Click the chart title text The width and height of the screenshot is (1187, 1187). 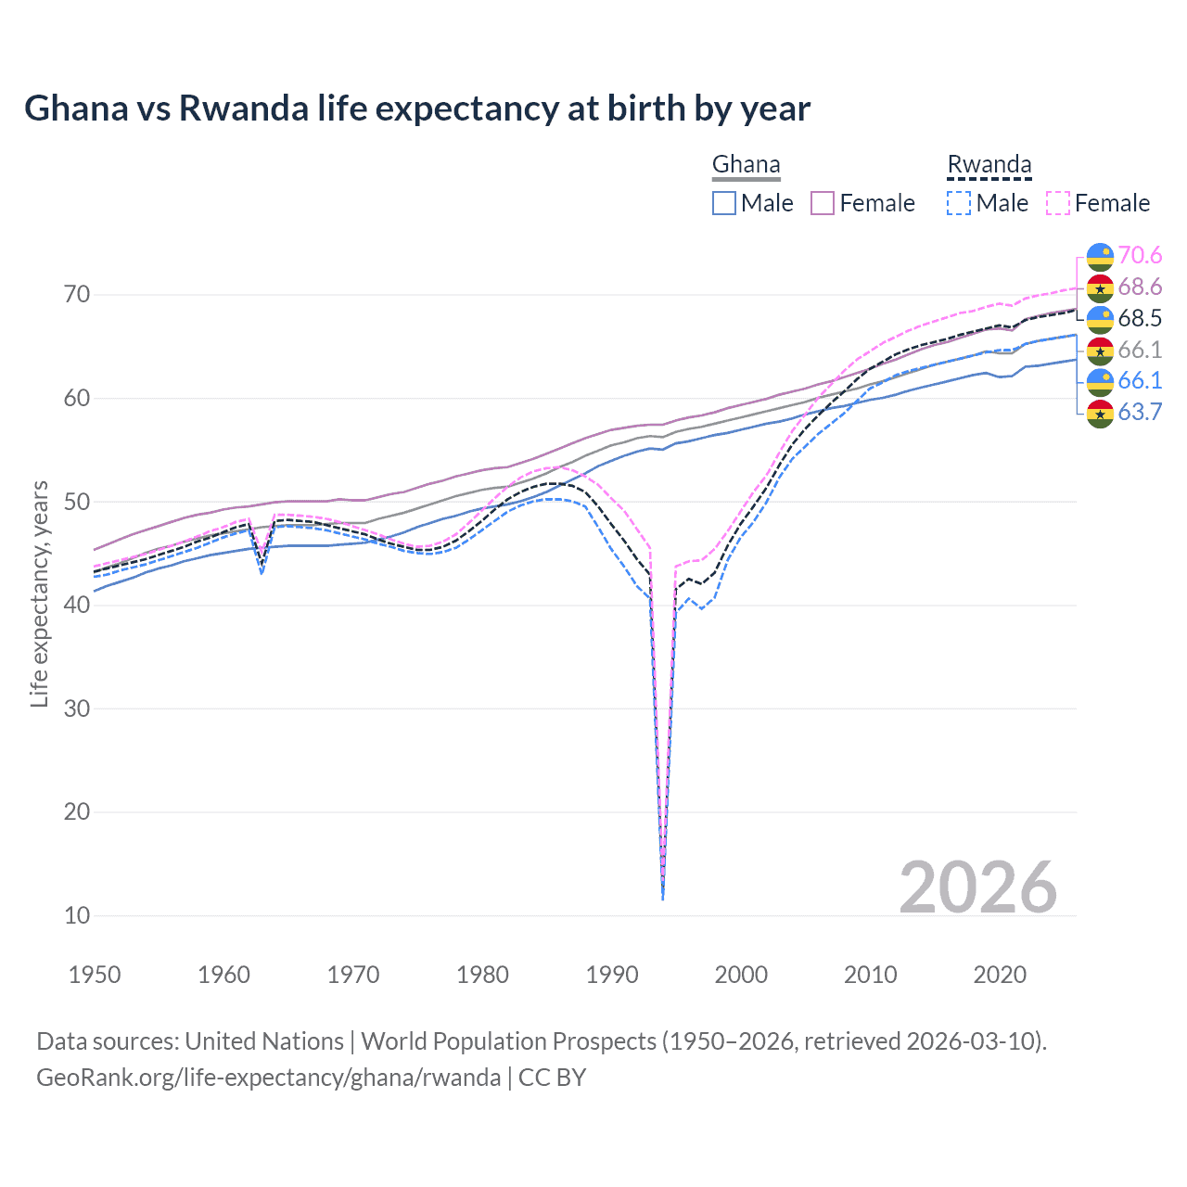click(417, 108)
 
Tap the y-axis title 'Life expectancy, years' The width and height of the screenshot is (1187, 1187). click(39, 593)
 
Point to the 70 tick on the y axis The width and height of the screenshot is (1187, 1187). click(77, 295)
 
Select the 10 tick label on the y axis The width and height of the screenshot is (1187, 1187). click(77, 915)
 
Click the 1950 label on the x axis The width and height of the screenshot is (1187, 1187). click(95, 975)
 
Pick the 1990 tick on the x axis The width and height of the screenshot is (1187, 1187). click(612, 975)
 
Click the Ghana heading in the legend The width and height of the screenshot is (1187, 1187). click(746, 165)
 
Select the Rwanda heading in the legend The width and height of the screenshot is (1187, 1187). click(989, 165)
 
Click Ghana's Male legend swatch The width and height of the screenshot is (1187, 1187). click(724, 203)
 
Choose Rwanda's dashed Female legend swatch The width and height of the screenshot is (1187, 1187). click(1058, 203)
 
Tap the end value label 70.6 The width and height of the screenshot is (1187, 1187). click(1140, 255)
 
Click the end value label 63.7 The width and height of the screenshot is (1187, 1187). click(1140, 412)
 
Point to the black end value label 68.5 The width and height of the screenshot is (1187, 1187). click(1140, 318)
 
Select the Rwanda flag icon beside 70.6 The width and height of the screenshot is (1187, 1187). click(1100, 256)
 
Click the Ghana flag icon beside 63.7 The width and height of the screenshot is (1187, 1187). click(1100, 413)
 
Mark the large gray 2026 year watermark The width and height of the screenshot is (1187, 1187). click(977, 887)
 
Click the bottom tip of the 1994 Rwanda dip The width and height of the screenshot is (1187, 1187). click(662, 899)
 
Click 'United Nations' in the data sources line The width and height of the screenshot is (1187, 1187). click(264, 1041)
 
